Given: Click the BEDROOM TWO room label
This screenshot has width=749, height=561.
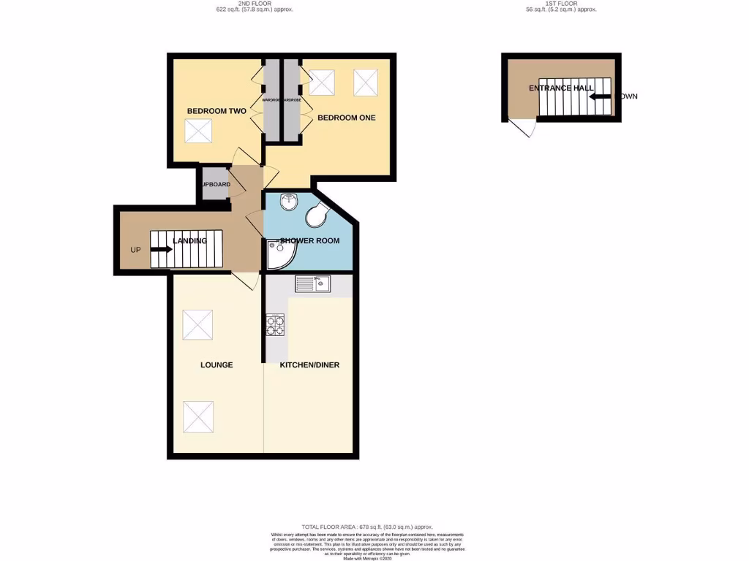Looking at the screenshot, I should (x=217, y=111).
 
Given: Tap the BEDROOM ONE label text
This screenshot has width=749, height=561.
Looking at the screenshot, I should (x=346, y=117).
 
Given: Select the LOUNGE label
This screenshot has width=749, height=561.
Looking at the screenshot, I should (x=217, y=365).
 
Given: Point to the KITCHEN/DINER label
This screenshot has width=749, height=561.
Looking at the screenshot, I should (x=309, y=365).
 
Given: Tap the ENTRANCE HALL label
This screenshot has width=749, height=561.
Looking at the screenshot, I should (x=561, y=88).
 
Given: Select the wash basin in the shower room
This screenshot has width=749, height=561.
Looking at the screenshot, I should (x=290, y=199).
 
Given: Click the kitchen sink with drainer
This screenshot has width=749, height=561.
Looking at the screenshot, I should (x=314, y=283).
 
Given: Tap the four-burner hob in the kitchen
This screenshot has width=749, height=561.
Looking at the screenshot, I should (x=275, y=325).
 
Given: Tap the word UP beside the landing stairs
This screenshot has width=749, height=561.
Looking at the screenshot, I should (x=135, y=250).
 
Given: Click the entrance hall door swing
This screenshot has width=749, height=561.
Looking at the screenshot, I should (x=524, y=129).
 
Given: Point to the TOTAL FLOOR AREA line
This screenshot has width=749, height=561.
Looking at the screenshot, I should (x=367, y=527).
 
